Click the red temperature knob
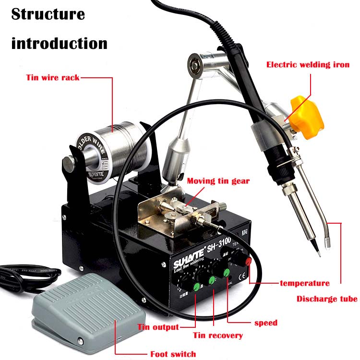point(249,261)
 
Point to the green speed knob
point(225,273)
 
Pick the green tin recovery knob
point(211,279)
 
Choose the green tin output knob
point(196,287)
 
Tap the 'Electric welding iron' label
point(308,64)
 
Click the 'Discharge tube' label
point(326,299)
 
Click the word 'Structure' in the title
point(48,14)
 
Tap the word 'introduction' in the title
point(59,44)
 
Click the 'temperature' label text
point(304,283)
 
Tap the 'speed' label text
point(265,323)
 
